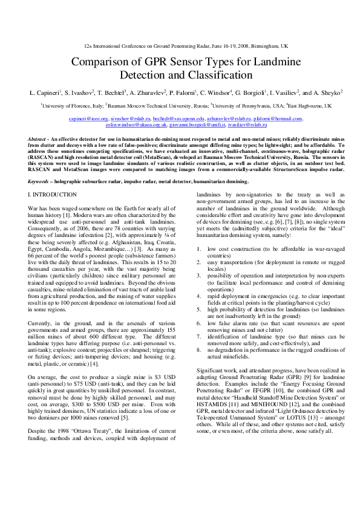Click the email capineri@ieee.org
pyautogui.click(x=88, y=120)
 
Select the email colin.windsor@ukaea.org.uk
pyautogui.click(x=136, y=125)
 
